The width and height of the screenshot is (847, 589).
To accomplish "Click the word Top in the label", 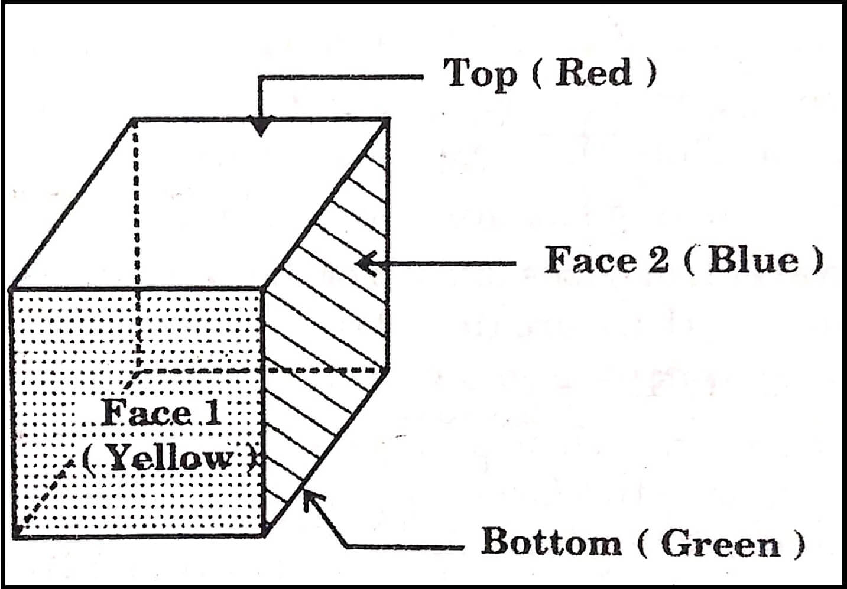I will [x=479, y=74].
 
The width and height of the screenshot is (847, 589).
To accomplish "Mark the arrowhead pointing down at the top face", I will [x=260, y=127].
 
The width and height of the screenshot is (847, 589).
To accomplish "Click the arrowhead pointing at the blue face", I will [x=365, y=262].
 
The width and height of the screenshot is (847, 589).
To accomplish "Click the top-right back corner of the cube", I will [x=387, y=121].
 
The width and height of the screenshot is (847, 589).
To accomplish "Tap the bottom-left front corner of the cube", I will [x=13, y=535].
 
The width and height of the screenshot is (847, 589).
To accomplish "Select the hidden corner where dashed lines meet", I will [x=138, y=370].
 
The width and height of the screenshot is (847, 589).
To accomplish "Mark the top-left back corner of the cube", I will [x=134, y=121].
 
